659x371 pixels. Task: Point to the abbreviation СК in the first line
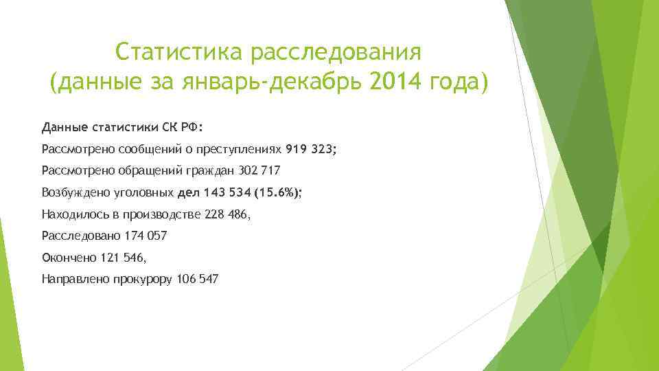tap(170, 127)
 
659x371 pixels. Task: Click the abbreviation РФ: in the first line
tap(193, 127)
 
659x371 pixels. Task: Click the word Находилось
tap(71, 214)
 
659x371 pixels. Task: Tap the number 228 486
tap(228, 214)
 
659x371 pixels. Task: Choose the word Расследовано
tap(80, 236)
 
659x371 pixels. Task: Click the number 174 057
tap(146, 236)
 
